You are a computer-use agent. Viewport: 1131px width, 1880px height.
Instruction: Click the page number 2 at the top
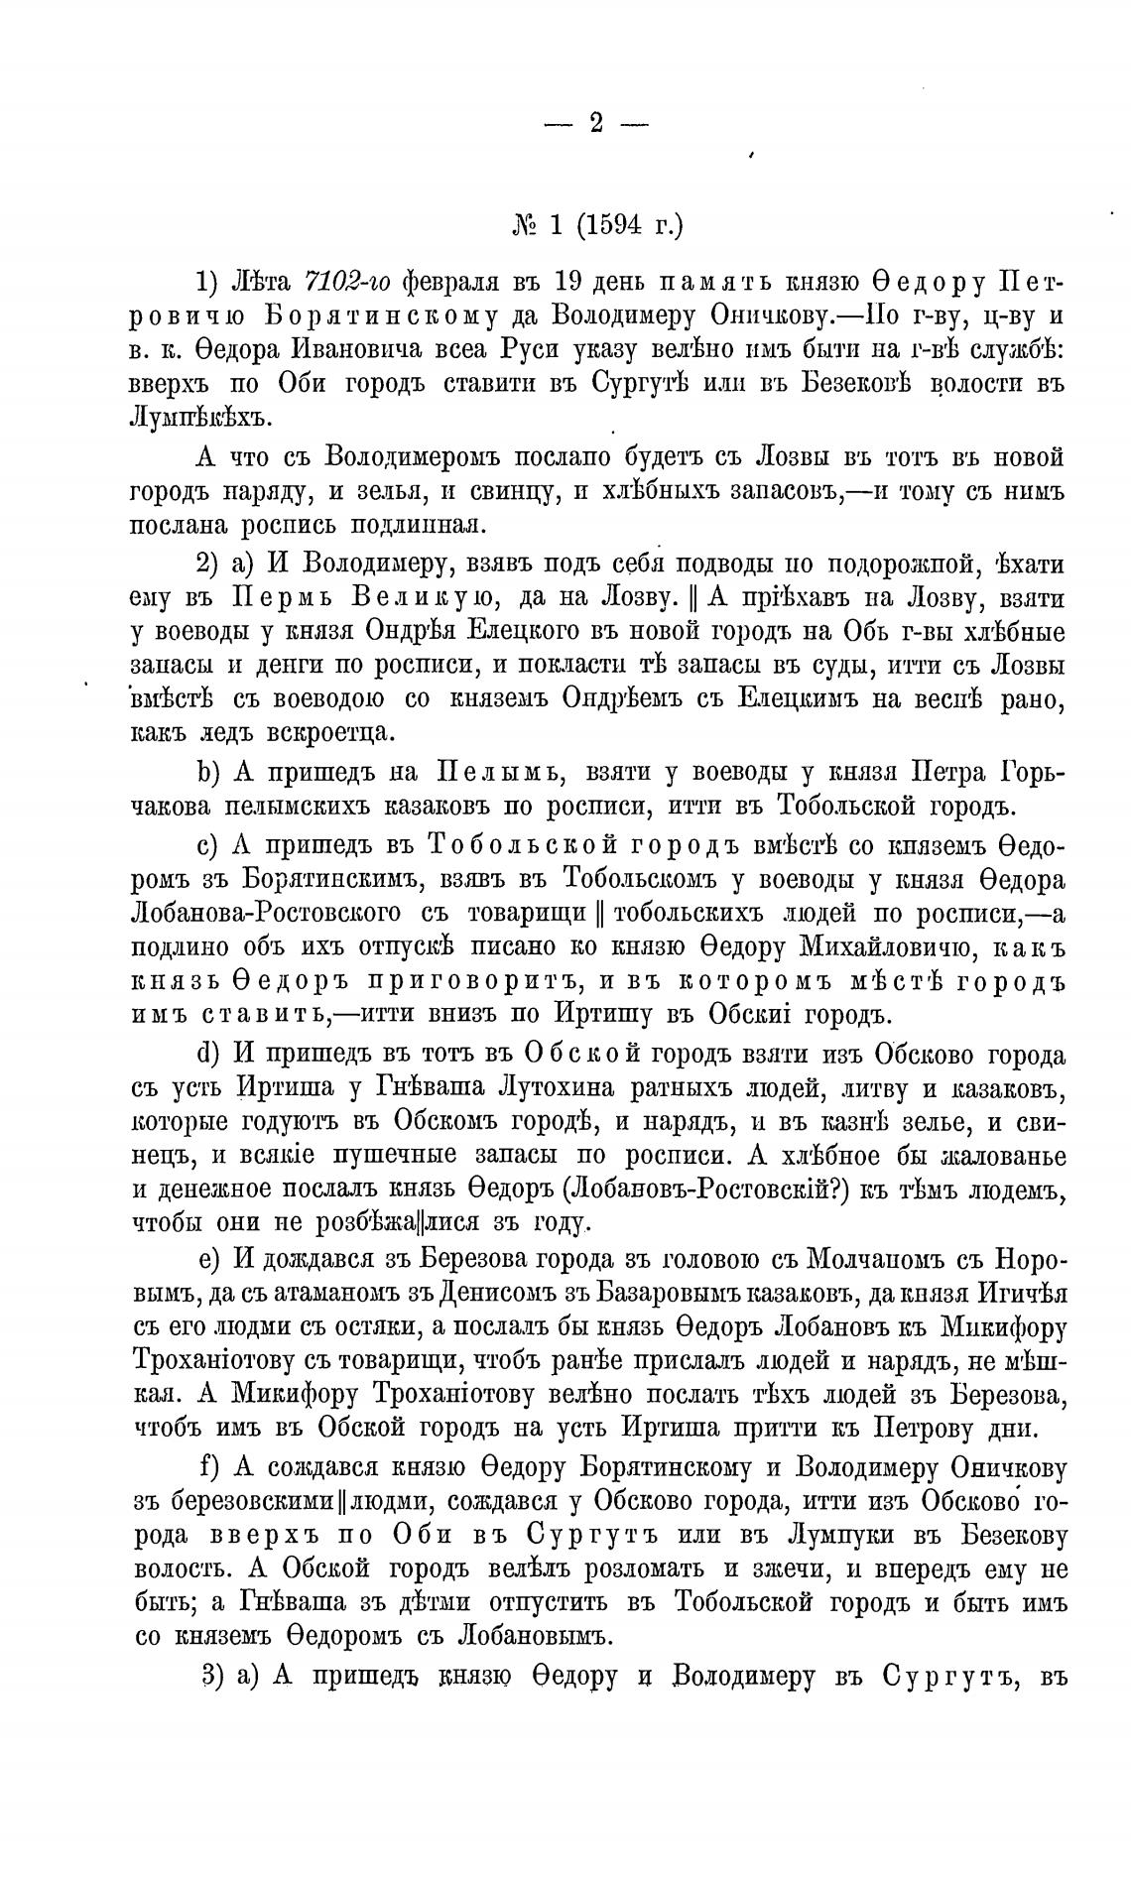595,123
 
